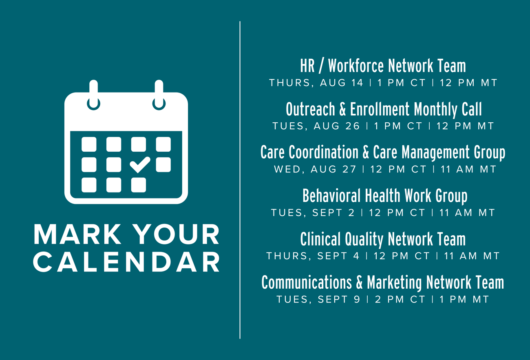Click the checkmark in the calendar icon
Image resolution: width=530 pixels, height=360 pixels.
[140, 165]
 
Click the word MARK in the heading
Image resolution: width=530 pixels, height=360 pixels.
[77, 234]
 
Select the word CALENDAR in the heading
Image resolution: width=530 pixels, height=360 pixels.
[126, 262]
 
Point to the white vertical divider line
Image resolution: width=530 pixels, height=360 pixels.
[240, 180]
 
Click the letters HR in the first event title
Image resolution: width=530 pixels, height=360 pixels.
[307, 66]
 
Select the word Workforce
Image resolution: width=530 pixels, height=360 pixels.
[356, 66]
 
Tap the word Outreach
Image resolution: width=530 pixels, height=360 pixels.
[310, 109]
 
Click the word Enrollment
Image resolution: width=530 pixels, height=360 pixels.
[380, 109]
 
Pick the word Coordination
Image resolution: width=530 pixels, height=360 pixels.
[323, 152]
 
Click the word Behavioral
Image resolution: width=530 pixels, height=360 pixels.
[331, 196]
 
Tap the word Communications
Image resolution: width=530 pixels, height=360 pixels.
[307, 282]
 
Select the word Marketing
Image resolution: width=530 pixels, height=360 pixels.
[394, 283]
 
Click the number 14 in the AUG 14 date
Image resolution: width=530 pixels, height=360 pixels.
[357, 83]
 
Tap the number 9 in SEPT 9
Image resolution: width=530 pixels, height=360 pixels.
[357, 299]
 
